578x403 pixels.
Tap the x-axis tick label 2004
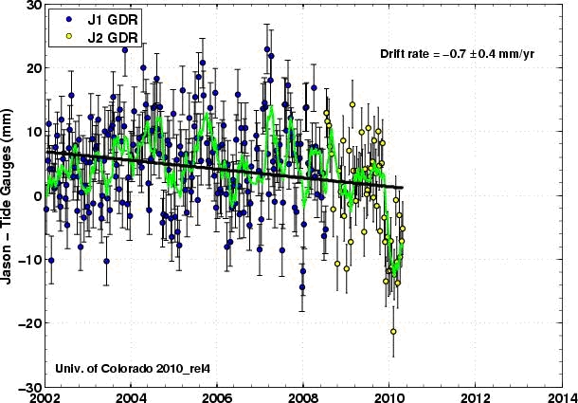pyautogui.click(x=131, y=396)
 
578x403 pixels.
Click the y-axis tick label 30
pyautogui.click(x=31, y=6)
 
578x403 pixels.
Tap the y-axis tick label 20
pyautogui.click(x=31, y=68)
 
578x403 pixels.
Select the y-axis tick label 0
pyautogui.click(x=35, y=196)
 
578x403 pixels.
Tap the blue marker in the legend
pyautogui.click(x=62, y=19)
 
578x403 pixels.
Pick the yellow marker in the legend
pyautogui.click(x=62, y=35)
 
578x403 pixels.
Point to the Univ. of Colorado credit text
pyautogui.click(x=113, y=366)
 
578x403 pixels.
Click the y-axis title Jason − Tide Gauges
pyautogui.click(x=12, y=196)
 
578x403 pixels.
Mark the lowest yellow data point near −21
pyautogui.click(x=393, y=331)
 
